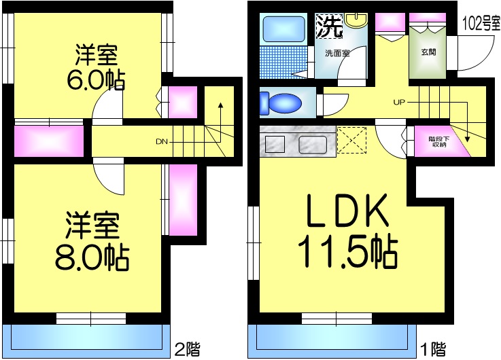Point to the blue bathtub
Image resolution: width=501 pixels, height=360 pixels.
pos(286,29)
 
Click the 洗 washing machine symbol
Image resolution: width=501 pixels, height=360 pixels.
pos(329,26)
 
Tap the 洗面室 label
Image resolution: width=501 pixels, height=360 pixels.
pos(336,53)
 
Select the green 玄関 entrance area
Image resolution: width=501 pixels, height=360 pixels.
pos(428,52)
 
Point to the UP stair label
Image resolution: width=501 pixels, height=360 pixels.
pos(399,103)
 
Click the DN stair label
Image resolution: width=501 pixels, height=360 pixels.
pos(161,142)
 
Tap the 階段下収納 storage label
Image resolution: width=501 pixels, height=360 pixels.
pos(437,141)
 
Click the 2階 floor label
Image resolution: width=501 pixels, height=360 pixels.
pos(186,350)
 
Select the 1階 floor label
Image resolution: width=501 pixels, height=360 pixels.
pos(432,350)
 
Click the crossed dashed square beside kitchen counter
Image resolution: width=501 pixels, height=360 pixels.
pos(351,141)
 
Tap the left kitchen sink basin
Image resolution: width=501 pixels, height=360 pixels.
pos(275,144)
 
